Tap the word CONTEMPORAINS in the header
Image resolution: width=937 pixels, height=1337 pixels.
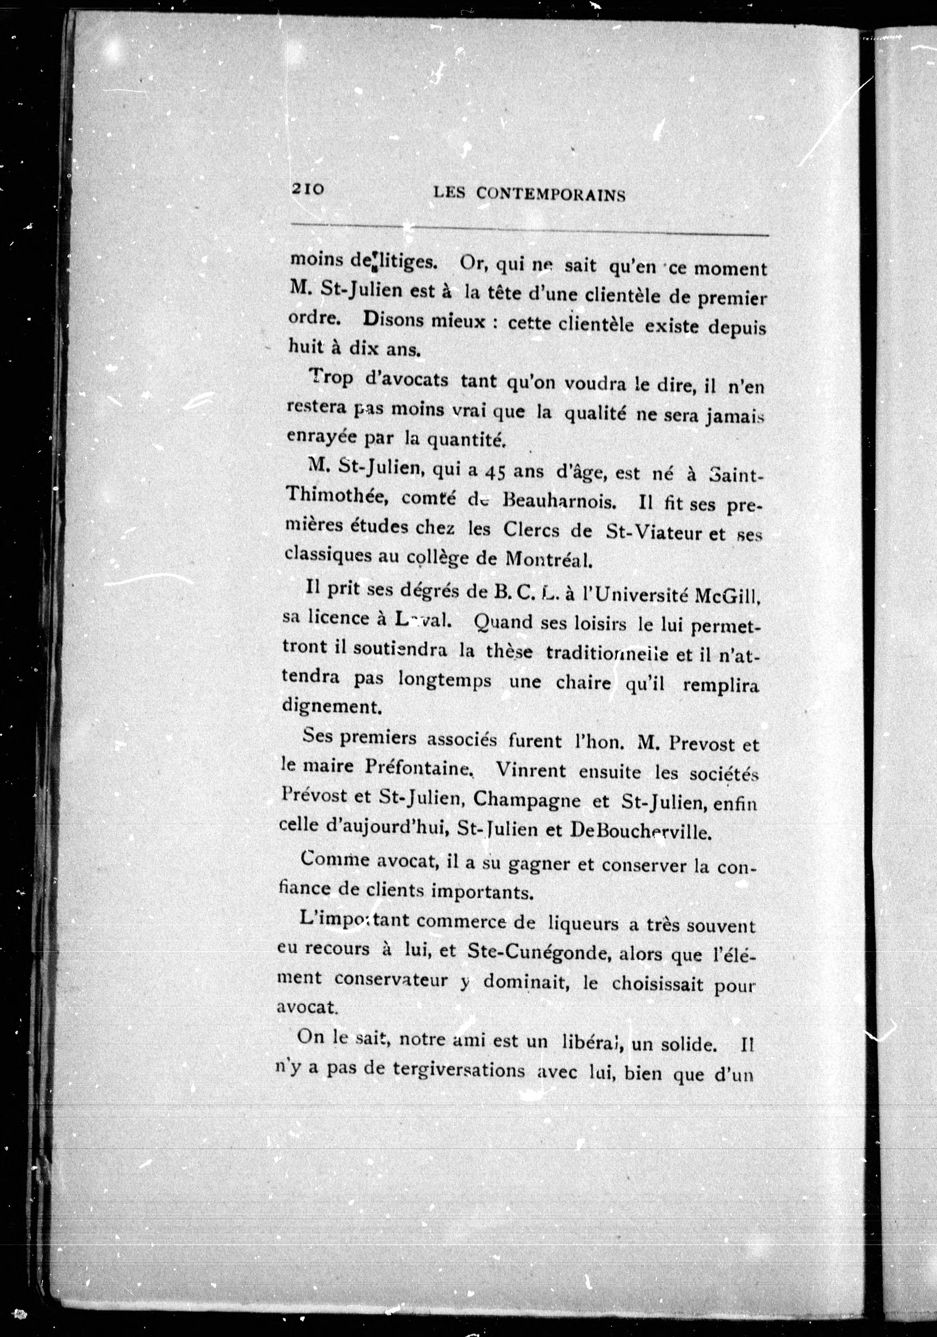[x=550, y=194]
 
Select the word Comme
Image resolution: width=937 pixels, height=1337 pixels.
[x=335, y=859]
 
